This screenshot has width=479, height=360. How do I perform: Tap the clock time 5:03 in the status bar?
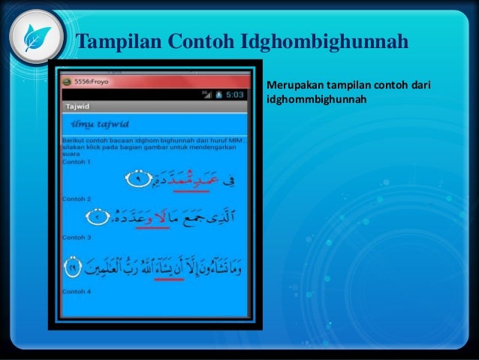[x=235, y=95]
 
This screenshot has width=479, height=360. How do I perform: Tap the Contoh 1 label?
[x=76, y=162]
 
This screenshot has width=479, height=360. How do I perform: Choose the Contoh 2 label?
[x=76, y=199]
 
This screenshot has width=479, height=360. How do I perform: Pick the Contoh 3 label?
[x=76, y=237]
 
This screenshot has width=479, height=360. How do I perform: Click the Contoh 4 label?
[x=76, y=291]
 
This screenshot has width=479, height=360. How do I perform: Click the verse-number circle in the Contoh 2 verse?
[x=100, y=219]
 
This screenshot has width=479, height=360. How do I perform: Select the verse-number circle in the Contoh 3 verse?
[x=72, y=266]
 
